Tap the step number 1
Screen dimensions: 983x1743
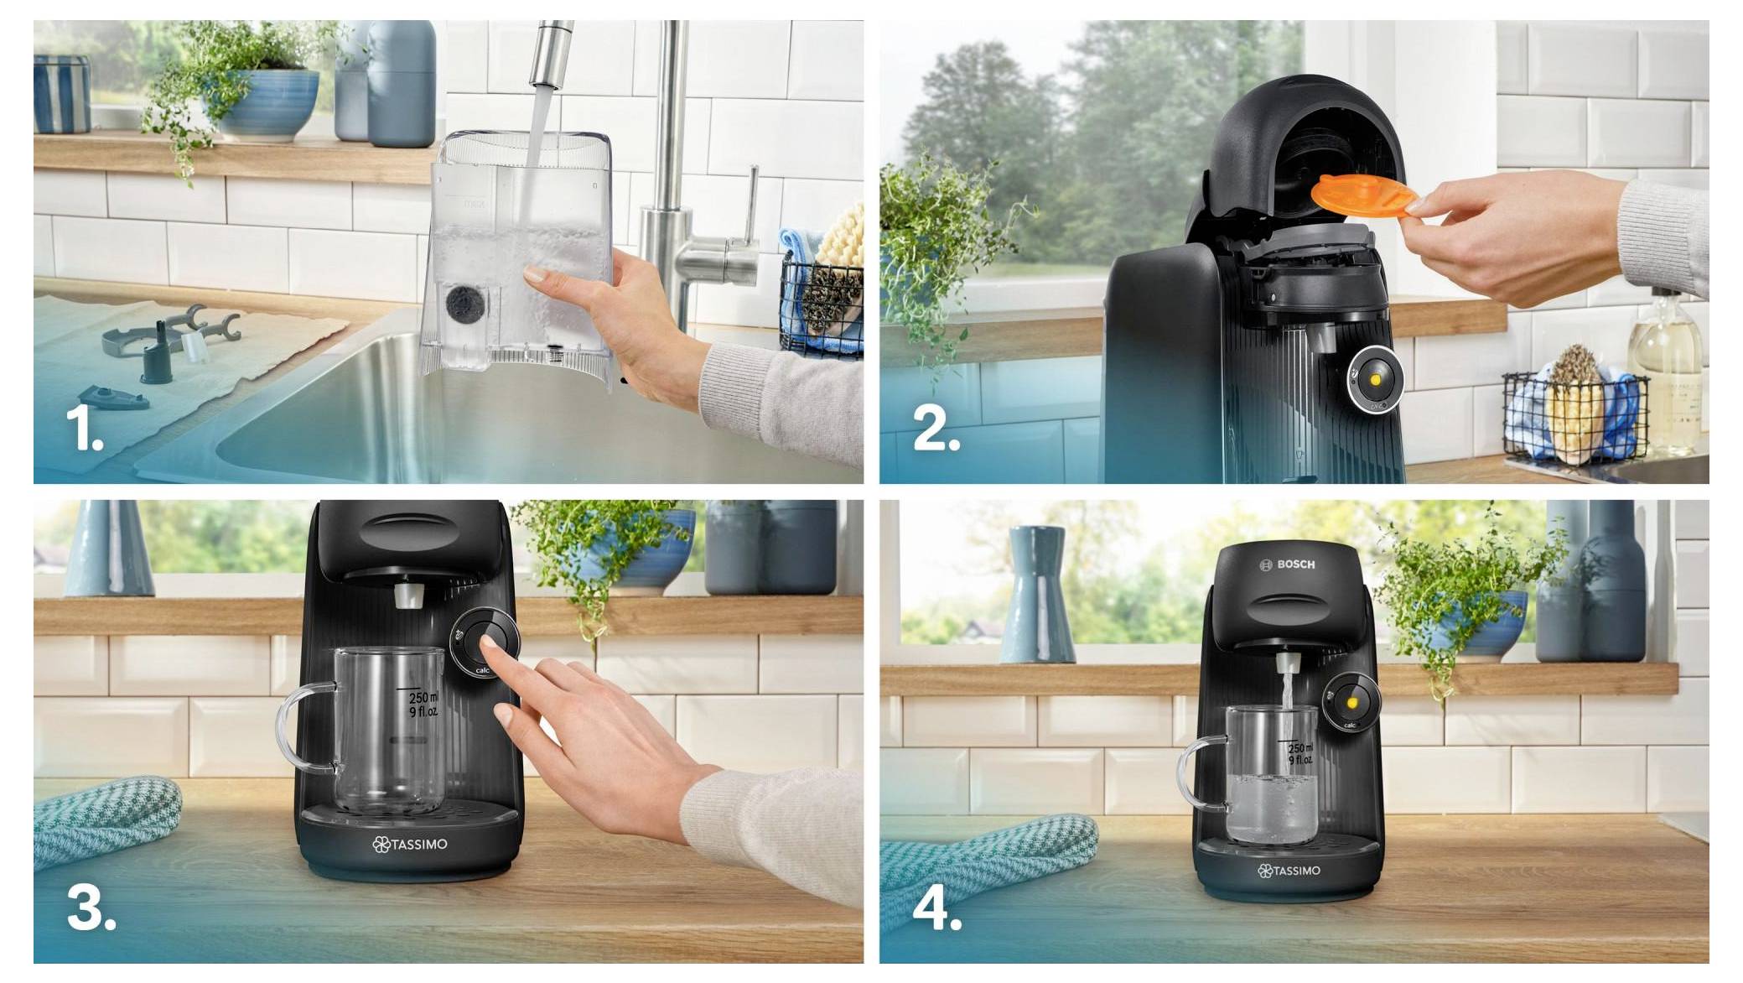[x=84, y=429]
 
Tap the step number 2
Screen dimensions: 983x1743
[x=936, y=429]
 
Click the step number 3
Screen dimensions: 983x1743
[x=91, y=909]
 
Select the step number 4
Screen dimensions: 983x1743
[x=937, y=909]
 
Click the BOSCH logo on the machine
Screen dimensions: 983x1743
[x=1288, y=564]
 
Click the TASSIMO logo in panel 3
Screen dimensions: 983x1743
[x=410, y=844]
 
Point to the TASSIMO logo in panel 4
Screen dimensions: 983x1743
[x=1289, y=871]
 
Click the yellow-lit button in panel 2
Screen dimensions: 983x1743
[x=1375, y=378]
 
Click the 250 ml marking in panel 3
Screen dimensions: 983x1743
[x=422, y=698]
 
